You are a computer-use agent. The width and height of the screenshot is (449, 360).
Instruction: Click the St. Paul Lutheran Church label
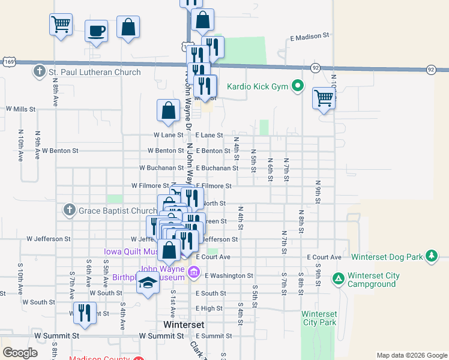pyautogui.click(x=95, y=73)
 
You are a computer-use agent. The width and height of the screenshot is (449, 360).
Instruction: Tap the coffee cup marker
pyautogui.click(x=96, y=31)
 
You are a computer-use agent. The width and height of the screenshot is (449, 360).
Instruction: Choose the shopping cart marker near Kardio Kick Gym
pyautogui.click(x=324, y=98)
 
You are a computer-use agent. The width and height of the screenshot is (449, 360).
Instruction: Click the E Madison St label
pyautogui.click(x=310, y=36)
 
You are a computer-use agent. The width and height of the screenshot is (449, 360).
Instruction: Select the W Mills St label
pyautogui.click(x=21, y=109)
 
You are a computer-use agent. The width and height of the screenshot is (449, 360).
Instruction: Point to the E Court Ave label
pyautogui.click(x=324, y=257)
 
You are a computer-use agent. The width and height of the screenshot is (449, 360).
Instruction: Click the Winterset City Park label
pyautogui.click(x=319, y=318)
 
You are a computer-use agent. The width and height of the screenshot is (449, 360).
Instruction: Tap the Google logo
pyautogui.click(x=20, y=353)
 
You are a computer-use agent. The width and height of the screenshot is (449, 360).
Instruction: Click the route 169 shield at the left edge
pyautogui.click(x=8, y=61)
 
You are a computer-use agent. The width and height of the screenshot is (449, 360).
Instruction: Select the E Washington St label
pyautogui.click(x=229, y=276)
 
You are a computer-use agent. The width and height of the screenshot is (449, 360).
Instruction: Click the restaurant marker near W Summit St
pyautogui.click(x=85, y=313)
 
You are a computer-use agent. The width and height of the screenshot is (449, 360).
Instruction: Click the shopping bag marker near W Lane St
pyautogui.click(x=169, y=110)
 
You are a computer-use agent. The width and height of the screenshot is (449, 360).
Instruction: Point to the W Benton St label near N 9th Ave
pyautogui.click(x=60, y=151)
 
